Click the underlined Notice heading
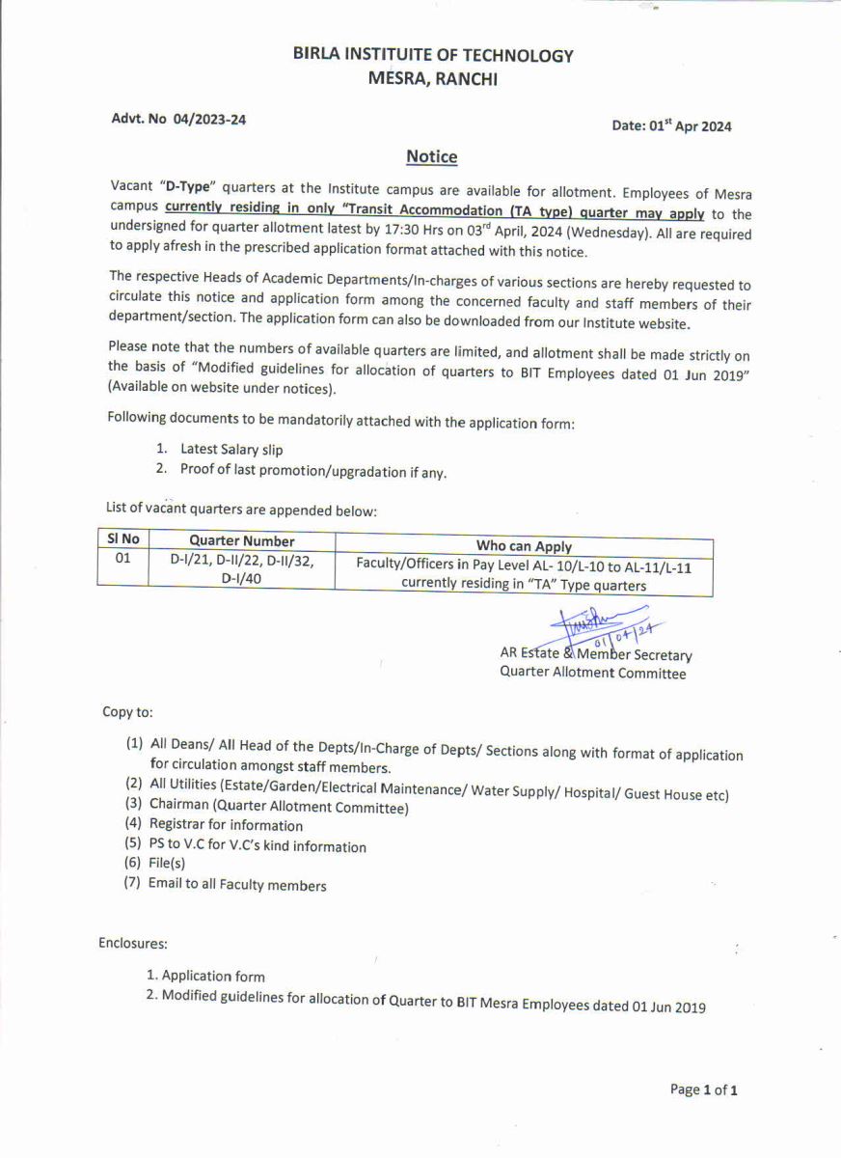pyautogui.click(x=431, y=156)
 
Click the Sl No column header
pyautogui.click(x=122, y=539)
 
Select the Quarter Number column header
pyautogui.click(x=241, y=541)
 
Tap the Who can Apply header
pyautogui.click(x=524, y=546)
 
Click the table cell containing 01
pyautogui.click(x=122, y=558)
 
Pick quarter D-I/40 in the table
pyautogui.click(x=241, y=578)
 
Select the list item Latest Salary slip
pyautogui.click(x=231, y=449)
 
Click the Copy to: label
pyautogui.click(x=127, y=712)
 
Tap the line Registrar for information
pyautogui.click(x=226, y=825)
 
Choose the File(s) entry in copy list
pyautogui.click(x=167, y=864)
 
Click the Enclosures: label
pyautogui.click(x=133, y=943)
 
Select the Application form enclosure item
pyautogui.click(x=212, y=976)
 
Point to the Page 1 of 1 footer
pyautogui.click(x=704, y=1089)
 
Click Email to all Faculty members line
pyautogui.click(x=237, y=885)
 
